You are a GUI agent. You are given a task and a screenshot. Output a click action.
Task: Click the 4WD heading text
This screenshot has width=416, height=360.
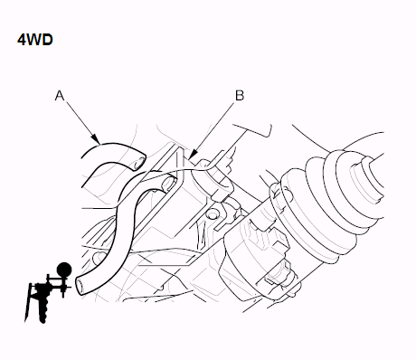click(x=35, y=40)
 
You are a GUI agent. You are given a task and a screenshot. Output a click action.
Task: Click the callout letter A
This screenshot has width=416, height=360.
click(x=60, y=96)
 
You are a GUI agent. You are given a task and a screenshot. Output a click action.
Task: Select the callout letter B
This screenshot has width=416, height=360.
click(x=240, y=96)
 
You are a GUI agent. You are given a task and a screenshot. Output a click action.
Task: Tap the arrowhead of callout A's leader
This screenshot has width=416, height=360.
click(x=96, y=139)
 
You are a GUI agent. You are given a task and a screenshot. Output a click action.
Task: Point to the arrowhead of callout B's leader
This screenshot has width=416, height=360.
click(x=192, y=155)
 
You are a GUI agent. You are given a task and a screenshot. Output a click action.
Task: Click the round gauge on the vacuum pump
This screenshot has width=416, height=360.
click(x=64, y=269)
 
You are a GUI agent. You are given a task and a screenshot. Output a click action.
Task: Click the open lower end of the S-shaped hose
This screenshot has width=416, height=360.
click(x=80, y=286)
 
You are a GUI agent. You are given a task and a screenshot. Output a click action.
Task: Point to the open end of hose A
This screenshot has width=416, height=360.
click(x=140, y=162)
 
